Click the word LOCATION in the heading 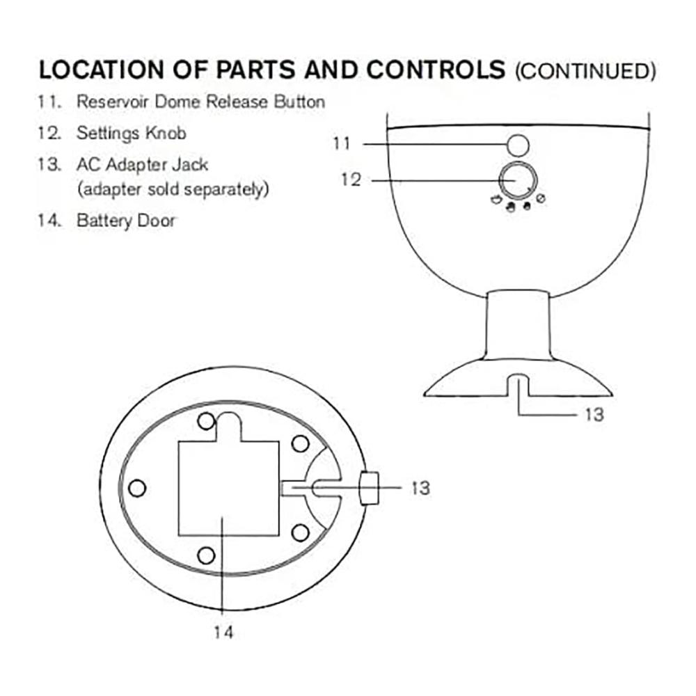[x=101, y=70]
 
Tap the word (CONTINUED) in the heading [x=585, y=72]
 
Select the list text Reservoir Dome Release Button [x=200, y=102]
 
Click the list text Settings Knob [x=131, y=133]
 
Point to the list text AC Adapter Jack [x=142, y=165]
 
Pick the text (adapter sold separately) [x=173, y=189]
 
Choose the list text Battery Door [x=126, y=221]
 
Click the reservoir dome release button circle [x=518, y=145]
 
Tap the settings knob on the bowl [x=518, y=181]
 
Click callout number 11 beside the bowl [x=342, y=143]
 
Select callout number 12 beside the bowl [x=351, y=180]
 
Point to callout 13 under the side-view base [x=594, y=415]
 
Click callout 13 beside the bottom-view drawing [x=420, y=489]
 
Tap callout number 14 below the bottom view [x=223, y=632]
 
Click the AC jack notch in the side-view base [x=518, y=386]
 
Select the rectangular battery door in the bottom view [x=228, y=489]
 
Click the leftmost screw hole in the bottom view [x=137, y=489]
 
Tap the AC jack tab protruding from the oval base [x=370, y=489]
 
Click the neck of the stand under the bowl [x=518, y=325]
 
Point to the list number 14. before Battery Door [x=49, y=221]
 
